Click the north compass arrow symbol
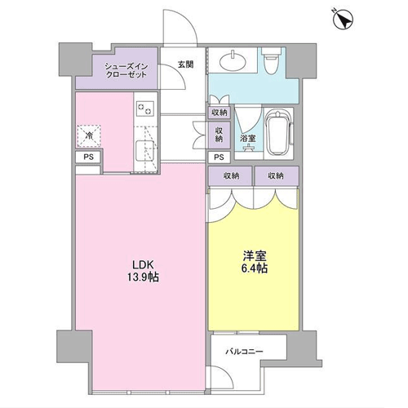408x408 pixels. (344, 19)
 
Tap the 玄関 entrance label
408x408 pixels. (186, 64)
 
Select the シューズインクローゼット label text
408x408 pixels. (126, 70)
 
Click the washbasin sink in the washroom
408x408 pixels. (233, 60)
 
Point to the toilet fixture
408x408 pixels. (273, 61)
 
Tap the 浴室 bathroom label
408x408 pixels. (248, 138)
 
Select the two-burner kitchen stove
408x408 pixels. (145, 109)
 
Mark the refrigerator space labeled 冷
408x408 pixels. (89, 136)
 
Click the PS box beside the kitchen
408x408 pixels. (89, 157)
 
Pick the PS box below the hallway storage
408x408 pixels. (220, 157)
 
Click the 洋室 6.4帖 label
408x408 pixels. (255, 262)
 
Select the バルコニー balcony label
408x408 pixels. (244, 352)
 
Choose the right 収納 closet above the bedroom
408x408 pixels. (277, 176)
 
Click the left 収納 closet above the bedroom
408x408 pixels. (231, 176)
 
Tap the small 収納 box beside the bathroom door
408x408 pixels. (220, 113)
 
